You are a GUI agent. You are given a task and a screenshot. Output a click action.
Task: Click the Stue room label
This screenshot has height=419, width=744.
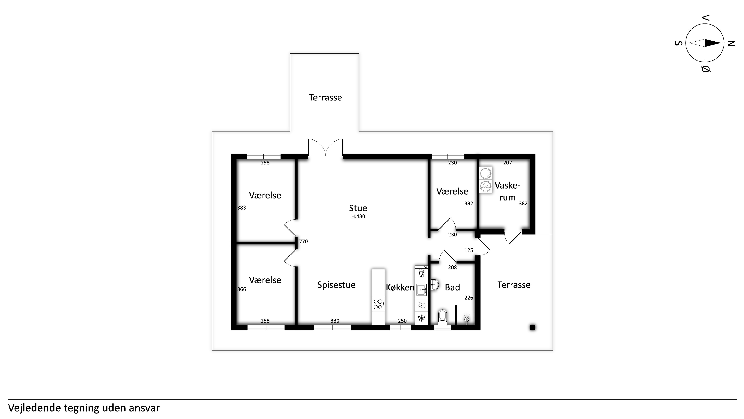(358, 208)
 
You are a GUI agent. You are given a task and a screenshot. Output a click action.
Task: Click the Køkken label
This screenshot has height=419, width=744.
(400, 287)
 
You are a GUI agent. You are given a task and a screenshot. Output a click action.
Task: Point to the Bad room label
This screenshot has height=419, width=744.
(452, 287)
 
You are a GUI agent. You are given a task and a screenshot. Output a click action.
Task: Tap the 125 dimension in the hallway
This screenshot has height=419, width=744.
(468, 250)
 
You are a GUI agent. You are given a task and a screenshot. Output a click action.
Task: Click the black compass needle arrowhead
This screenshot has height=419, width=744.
(713, 43)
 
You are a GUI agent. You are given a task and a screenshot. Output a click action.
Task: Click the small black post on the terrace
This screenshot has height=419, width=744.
(533, 327)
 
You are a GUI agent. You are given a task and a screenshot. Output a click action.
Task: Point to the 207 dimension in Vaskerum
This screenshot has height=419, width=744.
(507, 163)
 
